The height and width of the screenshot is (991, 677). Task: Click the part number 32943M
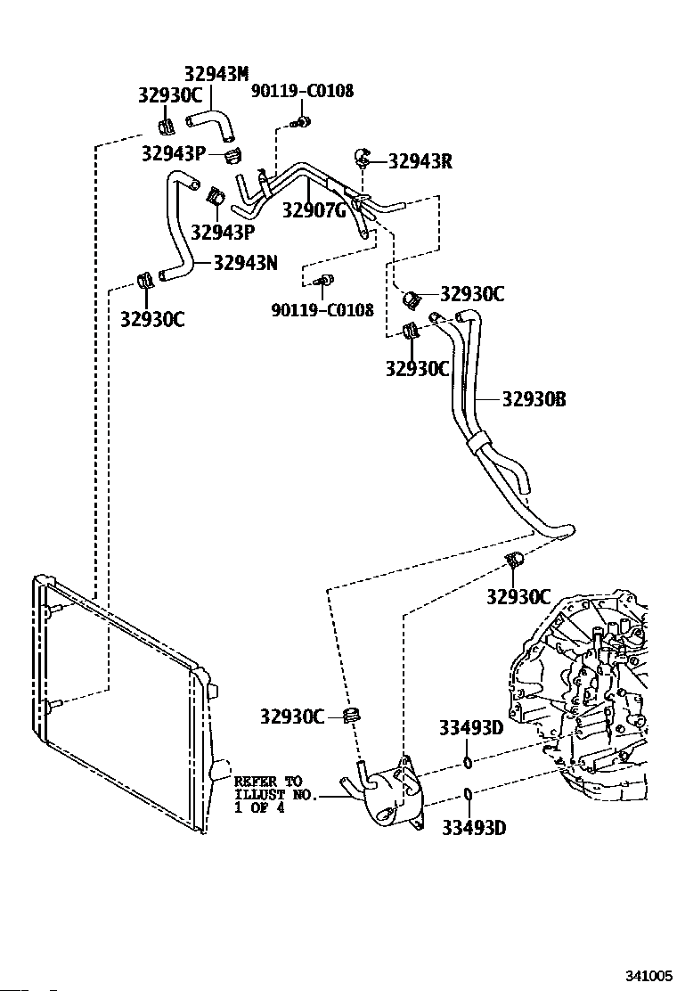216,74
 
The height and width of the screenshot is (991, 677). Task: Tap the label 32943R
420,161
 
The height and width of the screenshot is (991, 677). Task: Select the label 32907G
314,209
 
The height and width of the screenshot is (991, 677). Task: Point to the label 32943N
245,262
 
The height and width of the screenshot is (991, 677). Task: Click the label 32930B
534,398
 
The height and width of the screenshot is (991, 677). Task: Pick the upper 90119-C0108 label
303,91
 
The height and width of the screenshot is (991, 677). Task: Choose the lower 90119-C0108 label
322,310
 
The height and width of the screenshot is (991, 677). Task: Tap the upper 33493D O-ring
468,762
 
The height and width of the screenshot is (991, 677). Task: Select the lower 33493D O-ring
468,794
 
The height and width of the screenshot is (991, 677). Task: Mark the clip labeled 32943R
363,155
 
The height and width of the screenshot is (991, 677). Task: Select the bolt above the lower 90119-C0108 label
324,280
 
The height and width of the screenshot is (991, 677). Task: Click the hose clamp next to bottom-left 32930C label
353,717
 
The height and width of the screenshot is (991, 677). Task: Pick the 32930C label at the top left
170,94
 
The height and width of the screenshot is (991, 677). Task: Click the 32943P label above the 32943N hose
174,153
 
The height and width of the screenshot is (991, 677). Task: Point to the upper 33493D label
471,728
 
